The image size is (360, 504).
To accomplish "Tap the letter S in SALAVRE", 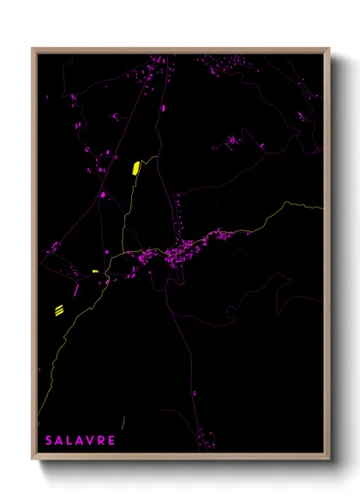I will point(48,441).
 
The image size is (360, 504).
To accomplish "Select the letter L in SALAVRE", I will point(69,441).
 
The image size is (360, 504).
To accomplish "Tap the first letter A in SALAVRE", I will point(58,441).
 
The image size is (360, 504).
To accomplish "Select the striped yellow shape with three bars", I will point(59,310).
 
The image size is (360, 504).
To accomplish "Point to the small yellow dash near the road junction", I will point(95,272).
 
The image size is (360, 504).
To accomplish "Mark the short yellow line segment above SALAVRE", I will point(123,422).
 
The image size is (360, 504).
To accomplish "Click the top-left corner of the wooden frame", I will point(33,49).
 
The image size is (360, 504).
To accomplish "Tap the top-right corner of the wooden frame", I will point(329,49).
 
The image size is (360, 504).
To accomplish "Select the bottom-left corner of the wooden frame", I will point(33,459).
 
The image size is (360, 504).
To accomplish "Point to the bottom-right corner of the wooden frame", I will point(329,459).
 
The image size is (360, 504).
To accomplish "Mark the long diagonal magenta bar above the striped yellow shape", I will point(76,290).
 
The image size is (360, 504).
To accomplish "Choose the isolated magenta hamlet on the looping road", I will point(231,139).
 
